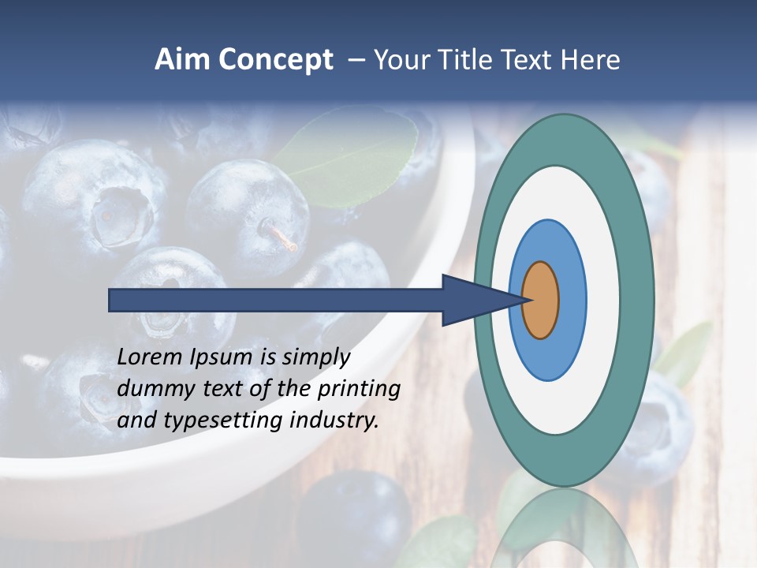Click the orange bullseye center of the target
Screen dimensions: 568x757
540,300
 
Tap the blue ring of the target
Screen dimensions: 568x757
572,300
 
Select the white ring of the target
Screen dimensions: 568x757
603,300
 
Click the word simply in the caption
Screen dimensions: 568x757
316,357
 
